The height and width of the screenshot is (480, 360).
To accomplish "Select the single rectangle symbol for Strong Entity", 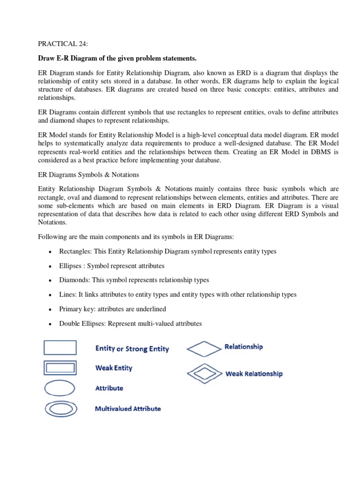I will pyautogui.click(x=60, y=347).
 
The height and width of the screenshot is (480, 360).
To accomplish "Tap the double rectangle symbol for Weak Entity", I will pyautogui.click(x=60, y=367).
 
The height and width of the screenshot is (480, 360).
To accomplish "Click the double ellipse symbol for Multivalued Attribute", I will pyautogui.click(x=60, y=408).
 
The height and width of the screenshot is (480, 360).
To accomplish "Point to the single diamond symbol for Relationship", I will pyautogui.click(x=204, y=348).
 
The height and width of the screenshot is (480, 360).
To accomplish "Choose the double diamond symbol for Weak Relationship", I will pyautogui.click(x=204, y=373).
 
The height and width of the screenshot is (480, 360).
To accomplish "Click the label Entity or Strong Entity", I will pyautogui.click(x=132, y=349).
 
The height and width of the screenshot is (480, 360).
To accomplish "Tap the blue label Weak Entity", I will pyautogui.click(x=113, y=368).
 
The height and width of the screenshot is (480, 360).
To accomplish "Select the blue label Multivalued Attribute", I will pyautogui.click(x=128, y=408).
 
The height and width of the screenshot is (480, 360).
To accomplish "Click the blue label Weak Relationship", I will pyautogui.click(x=254, y=374).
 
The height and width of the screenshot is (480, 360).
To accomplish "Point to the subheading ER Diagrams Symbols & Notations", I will pyautogui.click(x=88, y=174).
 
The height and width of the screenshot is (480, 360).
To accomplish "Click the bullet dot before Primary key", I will pyautogui.click(x=50, y=310).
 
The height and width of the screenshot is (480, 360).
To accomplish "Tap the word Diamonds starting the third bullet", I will pyautogui.click(x=73, y=280).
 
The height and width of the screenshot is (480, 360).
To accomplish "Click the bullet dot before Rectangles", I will pyautogui.click(x=50, y=252).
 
